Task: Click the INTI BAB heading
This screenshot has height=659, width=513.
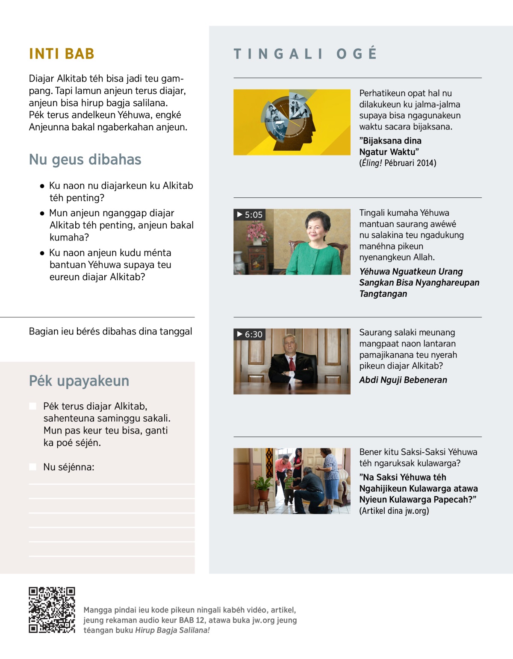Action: tap(62, 54)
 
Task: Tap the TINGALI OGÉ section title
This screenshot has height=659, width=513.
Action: tap(305, 54)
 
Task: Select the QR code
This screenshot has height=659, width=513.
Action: tap(52, 609)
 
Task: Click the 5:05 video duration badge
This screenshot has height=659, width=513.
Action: tap(250, 215)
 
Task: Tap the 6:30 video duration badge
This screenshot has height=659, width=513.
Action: tap(250, 334)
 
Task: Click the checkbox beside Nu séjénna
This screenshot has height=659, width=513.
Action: tap(32, 467)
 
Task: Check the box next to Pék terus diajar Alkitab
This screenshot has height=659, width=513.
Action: tap(32, 406)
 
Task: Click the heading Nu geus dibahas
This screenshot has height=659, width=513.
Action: tap(85, 159)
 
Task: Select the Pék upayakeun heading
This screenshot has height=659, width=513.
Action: tap(79, 381)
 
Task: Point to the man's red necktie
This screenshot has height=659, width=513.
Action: tap(292, 364)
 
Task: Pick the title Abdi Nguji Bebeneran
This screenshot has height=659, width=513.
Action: tap(403, 380)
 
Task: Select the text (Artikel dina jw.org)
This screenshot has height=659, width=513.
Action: tap(394, 511)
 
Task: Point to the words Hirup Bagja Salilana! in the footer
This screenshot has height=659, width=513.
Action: tap(172, 630)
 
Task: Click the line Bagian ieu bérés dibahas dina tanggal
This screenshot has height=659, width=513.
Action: tap(110, 331)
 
